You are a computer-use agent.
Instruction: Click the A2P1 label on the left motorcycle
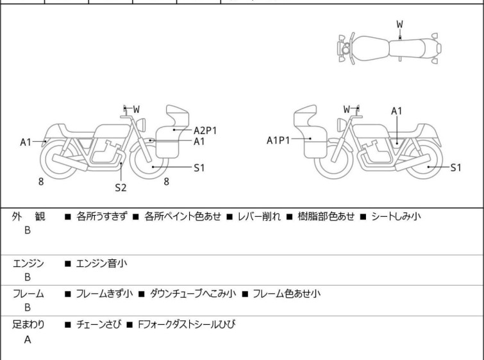205,130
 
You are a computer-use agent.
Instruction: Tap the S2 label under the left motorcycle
121,187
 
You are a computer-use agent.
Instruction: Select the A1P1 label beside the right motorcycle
279,140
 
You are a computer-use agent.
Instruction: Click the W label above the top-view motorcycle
399,24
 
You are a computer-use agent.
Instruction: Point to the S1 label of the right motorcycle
455,167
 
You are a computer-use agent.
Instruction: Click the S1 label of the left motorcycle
199,167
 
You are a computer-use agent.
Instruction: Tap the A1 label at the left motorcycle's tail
26,142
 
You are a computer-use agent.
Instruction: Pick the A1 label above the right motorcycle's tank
397,111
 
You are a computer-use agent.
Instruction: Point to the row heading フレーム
28,293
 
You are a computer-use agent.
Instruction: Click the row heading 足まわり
28,324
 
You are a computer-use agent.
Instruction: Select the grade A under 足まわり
28,339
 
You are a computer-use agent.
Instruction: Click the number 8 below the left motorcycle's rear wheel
41,182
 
